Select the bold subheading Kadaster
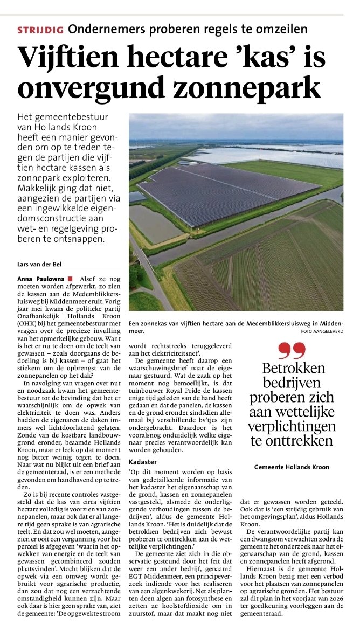(x=143, y=462)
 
